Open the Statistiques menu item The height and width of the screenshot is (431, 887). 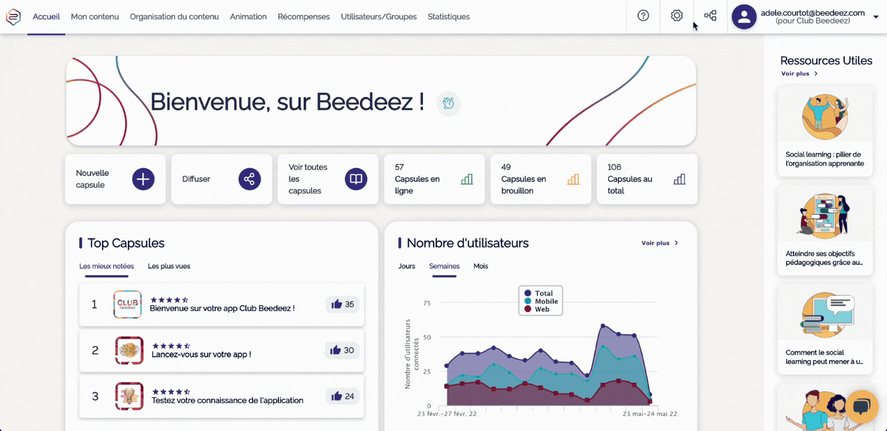[448, 17]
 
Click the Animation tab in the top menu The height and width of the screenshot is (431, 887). [248, 17]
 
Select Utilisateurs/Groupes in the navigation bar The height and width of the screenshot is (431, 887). [378, 17]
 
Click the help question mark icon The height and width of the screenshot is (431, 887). [643, 16]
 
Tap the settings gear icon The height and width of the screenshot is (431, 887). [676, 16]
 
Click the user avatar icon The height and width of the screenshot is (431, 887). [744, 17]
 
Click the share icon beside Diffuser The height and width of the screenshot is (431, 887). [249, 179]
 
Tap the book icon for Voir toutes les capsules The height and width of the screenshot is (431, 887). [355, 179]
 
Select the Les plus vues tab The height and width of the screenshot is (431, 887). [169, 266]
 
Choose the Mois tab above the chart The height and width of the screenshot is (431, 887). [481, 266]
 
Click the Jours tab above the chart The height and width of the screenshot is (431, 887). [406, 266]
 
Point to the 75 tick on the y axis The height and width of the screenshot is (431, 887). [426, 303]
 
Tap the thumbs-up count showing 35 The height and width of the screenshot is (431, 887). [343, 304]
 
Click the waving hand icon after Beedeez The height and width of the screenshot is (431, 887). [448, 103]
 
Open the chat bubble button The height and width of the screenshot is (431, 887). [861, 406]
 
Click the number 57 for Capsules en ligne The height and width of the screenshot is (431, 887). [399, 167]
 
